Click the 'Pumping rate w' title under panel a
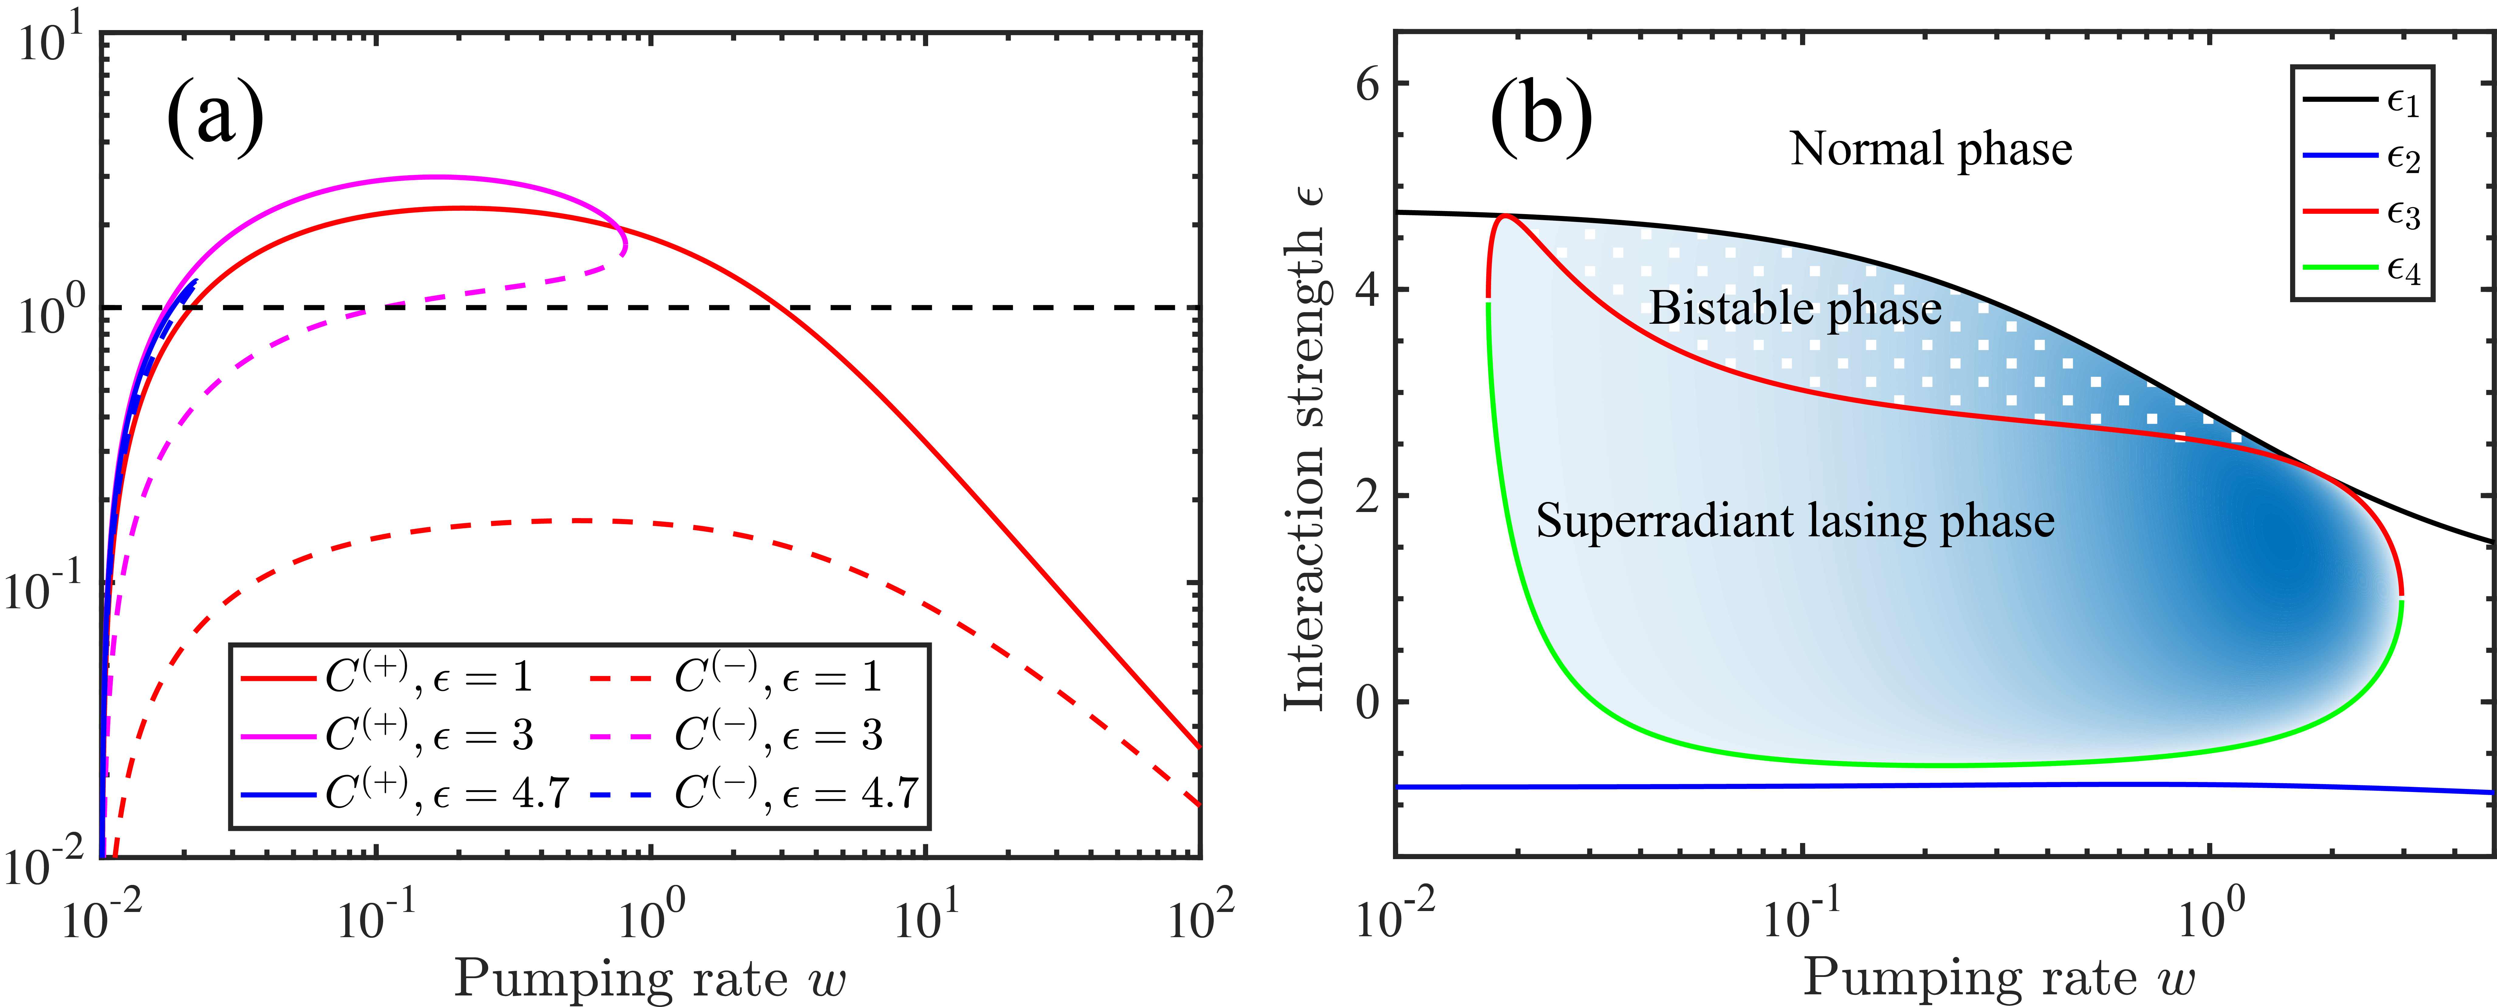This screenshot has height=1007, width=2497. click(650, 979)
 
